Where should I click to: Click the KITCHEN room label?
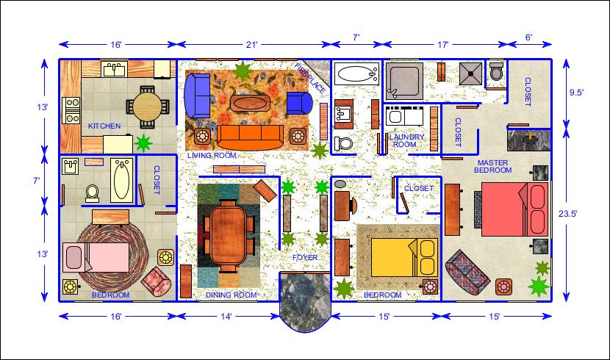[x=104, y=126]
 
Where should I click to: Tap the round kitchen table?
[x=148, y=107]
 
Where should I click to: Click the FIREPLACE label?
[x=309, y=79]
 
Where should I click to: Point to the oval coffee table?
[x=250, y=103]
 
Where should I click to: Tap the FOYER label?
[x=305, y=257]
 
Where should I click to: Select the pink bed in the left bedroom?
[x=96, y=257]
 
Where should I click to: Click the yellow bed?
[x=404, y=257]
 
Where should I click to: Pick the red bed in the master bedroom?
[x=514, y=209]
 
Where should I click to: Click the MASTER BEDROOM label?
[x=493, y=166]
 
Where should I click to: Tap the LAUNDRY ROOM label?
[x=406, y=140]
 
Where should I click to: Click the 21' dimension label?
[x=251, y=45]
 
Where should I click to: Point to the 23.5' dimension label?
[x=568, y=214]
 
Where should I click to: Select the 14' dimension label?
[x=226, y=317]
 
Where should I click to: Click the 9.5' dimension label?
[x=576, y=93]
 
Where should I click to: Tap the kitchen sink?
[x=115, y=70]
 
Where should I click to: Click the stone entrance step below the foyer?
[x=305, y=302]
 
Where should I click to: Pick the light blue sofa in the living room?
[x=197, y=96]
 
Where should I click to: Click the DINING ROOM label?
[x=231, y=295]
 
